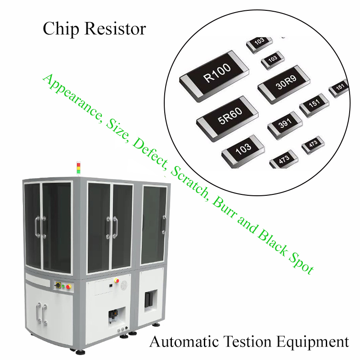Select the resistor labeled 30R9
(x=284, y=85)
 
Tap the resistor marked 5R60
(x=228, y=119)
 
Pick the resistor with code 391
(x=285, y=125)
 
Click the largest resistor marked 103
(x=243, y=152)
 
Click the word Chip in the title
(x=61, y=29)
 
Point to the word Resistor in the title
(x=115, y=29)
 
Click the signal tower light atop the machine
(x=78, y=169)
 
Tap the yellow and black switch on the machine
(x=58, y=285)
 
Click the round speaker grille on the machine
(x=124, y=285)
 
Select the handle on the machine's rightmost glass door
(x=164, y=224)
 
